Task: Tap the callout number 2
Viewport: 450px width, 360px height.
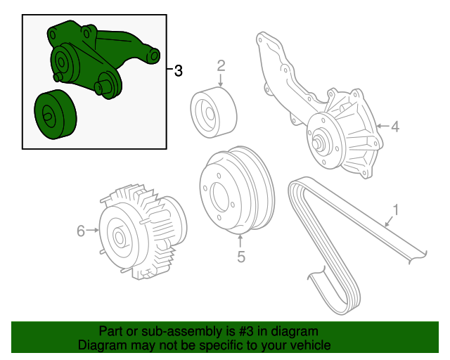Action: point(221,66)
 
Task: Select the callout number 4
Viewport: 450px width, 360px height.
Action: point(395,127)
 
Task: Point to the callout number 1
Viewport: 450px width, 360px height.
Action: point(396,210)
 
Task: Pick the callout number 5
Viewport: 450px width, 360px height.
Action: point(240,257)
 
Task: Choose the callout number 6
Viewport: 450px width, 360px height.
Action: point(80,231)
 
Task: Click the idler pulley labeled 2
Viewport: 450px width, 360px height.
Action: point(213,110)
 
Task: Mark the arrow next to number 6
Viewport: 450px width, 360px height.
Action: point(92,231)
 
